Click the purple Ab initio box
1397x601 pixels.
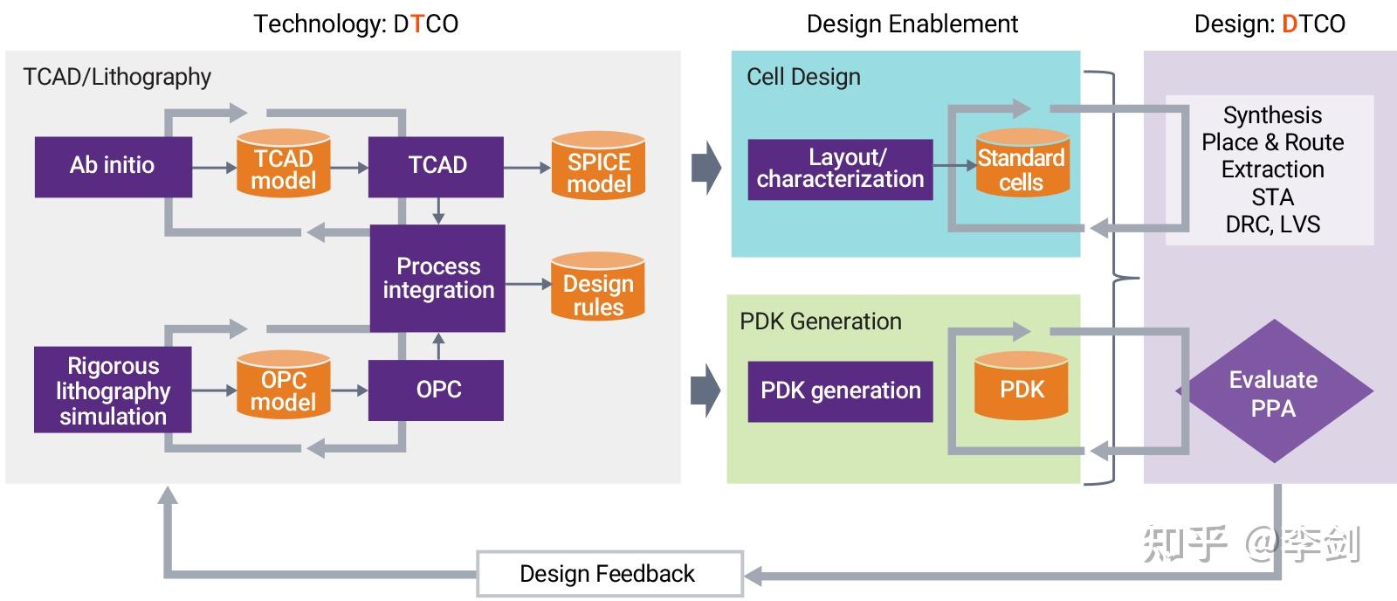[113, 166]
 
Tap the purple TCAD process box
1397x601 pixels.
[436, 166]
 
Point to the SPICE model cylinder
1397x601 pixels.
[598, 167]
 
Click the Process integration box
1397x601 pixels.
[437, 278]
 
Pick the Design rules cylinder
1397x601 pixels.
[598, 288]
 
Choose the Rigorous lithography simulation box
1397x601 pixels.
[113, 390]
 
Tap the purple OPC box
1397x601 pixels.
[436, 390]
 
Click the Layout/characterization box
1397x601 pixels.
[840, 169]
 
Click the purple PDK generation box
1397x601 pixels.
[840, 390]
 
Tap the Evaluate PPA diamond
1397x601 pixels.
[1273, 392]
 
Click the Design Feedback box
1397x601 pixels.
[609, 574]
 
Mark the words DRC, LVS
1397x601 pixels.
[1272, 225]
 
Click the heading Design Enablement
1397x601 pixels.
[912, 24]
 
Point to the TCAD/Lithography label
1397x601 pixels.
[117, 77]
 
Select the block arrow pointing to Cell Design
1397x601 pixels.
[705, 167]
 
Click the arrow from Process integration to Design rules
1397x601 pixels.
[528, 284]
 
